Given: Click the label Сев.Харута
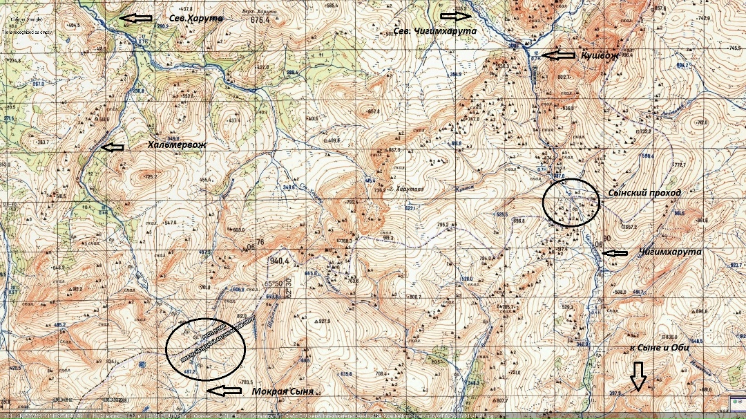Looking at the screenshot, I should pos(196,18).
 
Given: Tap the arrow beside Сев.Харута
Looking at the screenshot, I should pos(136,18).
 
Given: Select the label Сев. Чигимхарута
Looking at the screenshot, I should pos(435,32).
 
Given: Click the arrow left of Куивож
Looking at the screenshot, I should pos(558,54).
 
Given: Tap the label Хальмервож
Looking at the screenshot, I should pos(178,145).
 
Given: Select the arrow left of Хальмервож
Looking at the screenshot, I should pos(113,147).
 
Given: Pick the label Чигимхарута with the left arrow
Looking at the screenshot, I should pos(670,252).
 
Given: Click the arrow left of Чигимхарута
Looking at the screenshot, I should pos(615,253).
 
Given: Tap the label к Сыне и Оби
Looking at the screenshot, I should pos(659,347).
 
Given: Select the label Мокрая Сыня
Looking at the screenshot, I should pos(283,391).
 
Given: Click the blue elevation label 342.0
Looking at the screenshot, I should pos(583,344).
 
